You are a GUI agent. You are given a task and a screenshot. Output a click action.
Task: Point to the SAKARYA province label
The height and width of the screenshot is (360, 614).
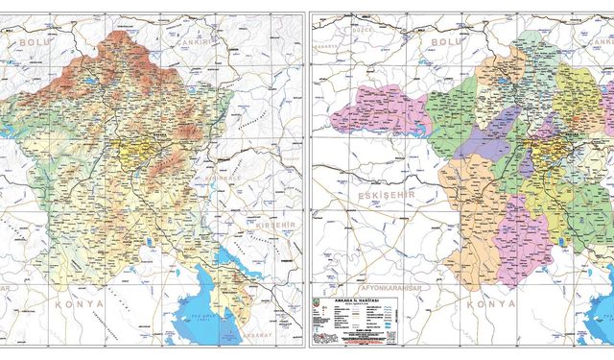tap(329, 44)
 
